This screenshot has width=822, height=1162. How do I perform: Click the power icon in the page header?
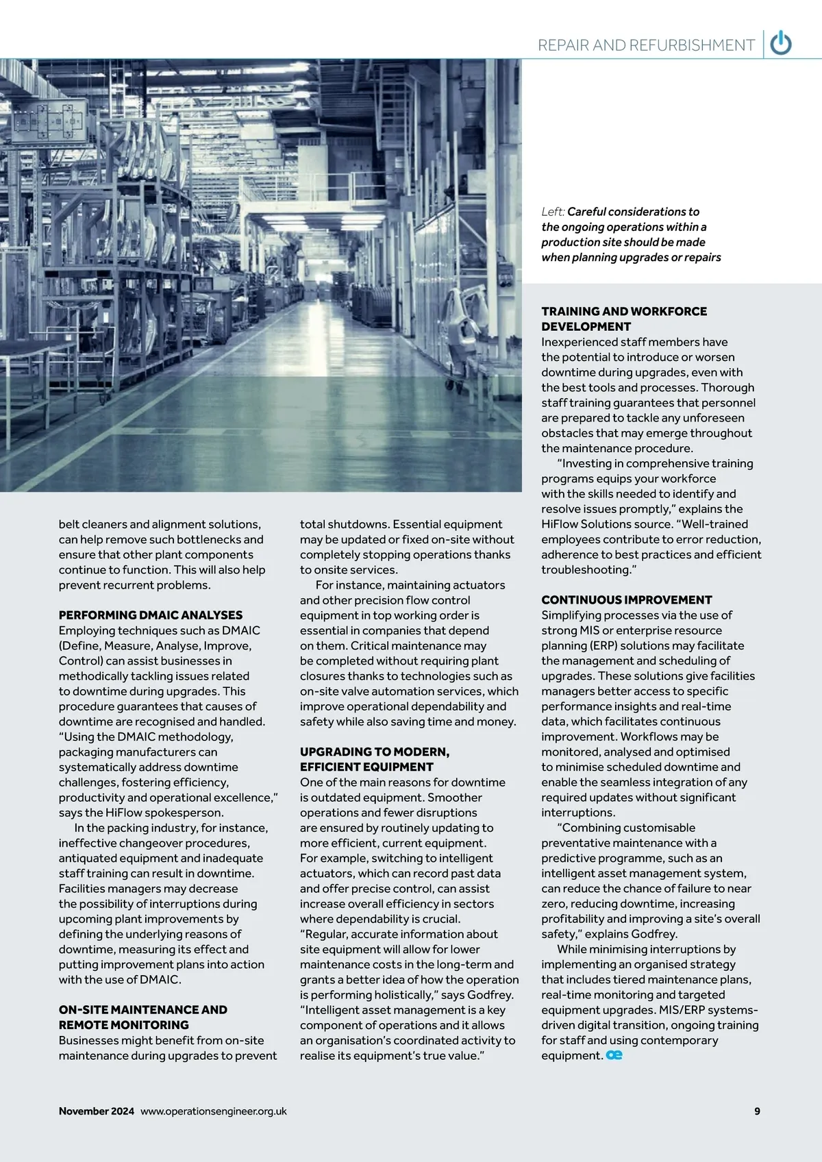781,44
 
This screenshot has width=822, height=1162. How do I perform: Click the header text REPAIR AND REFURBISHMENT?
646,45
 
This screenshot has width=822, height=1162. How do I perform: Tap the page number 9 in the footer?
757,1111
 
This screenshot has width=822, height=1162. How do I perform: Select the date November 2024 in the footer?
97,1111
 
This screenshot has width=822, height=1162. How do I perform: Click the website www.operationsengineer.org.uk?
214,1111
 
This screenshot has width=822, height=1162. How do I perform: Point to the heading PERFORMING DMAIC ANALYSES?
151,615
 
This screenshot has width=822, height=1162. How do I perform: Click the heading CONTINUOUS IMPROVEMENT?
627,599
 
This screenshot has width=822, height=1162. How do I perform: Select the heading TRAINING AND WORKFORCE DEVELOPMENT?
624,319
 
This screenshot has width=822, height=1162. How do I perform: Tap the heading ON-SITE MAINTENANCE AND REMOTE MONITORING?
142,1017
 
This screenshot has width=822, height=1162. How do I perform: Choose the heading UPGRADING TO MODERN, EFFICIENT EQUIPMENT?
375,759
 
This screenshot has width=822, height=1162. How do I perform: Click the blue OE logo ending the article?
614,1055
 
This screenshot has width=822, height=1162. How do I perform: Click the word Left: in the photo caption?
553,212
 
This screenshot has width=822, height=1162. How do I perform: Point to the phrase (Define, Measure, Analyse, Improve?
155,645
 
